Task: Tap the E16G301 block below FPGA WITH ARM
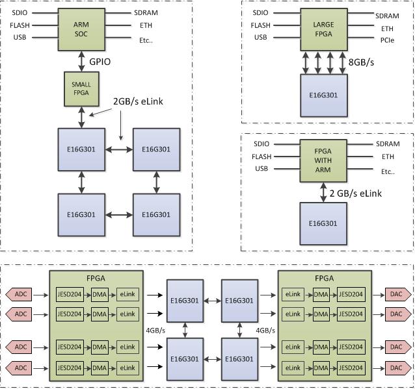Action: pos(323,223)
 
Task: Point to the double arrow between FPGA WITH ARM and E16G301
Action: pos(323,192)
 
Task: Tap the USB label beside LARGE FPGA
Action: pos(260,37)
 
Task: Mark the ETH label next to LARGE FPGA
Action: pos(387,29)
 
